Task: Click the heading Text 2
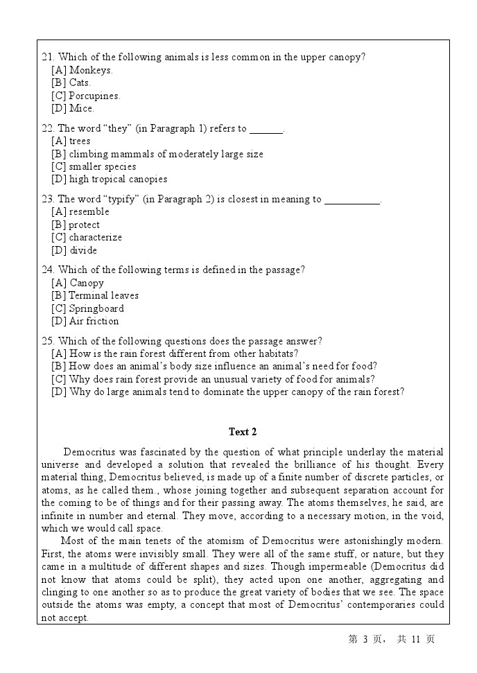[x=243, y=432]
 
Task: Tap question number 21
[x=48, y=58]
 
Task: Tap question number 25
[x=48, y=341]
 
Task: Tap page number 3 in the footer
[x=365, y=639]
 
